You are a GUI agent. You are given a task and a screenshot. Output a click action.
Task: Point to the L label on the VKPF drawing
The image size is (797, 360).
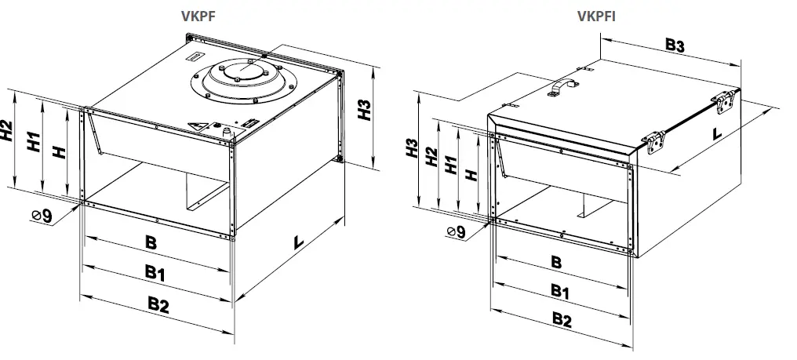(x=298, y=243)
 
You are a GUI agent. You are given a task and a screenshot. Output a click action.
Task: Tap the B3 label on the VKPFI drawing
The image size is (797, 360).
(x=675, y=45)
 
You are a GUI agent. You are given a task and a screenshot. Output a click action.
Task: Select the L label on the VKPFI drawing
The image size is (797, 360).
(x=716, y=133)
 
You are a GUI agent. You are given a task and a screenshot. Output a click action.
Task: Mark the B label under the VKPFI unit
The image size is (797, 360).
(x=555, y=262)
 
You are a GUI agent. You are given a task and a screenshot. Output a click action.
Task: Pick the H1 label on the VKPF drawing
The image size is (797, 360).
(x=34, y=143)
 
